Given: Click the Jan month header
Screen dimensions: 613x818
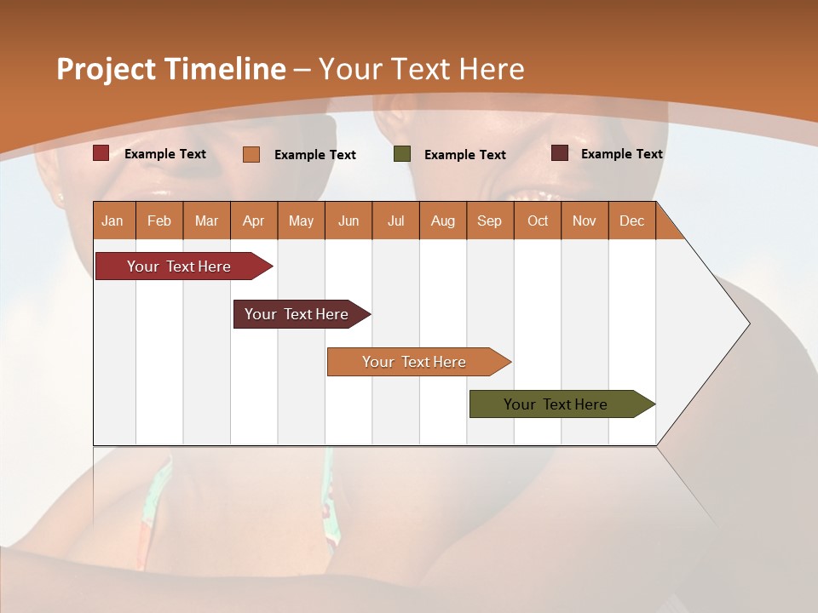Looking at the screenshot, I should [113, 221].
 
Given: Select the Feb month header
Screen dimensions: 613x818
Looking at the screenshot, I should [159, 221].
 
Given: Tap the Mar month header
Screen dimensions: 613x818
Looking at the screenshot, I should [206, 221].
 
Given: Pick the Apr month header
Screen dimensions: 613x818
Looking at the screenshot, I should [254, 221].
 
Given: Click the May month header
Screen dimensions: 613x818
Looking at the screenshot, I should [301, 221].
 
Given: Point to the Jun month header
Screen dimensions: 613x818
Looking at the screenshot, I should [349, 221].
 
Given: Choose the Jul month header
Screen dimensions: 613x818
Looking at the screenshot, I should [395, 221].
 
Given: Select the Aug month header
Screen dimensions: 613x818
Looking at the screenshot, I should [443, 221].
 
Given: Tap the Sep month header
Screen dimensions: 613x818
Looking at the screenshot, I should [490, 221].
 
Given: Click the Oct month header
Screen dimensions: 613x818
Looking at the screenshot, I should [538, 221].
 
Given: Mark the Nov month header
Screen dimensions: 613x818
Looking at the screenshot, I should [585, 221].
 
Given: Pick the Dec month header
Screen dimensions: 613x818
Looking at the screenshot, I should [632, 221].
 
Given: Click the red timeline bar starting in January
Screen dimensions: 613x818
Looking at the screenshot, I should [180, 266].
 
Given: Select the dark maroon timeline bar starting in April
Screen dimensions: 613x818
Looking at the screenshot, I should [297, 314].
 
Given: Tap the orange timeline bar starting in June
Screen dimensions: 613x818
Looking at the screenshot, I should [415, 362].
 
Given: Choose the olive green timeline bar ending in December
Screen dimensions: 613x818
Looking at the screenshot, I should [556, 404].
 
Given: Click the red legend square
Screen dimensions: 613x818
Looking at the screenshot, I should [101, 153].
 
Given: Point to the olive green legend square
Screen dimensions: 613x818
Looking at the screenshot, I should [402, 154].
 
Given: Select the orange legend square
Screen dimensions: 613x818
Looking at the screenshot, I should [251, 154].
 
